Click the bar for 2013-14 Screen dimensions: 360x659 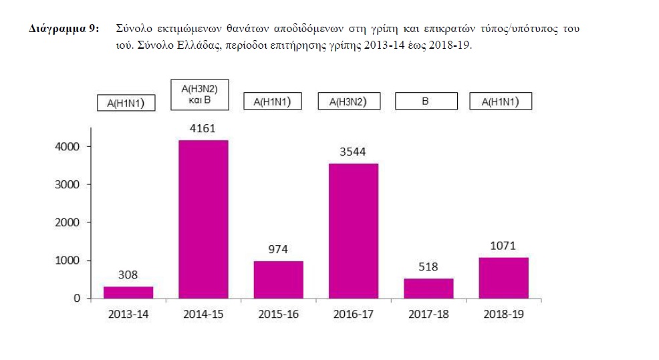click(x=128, y=292)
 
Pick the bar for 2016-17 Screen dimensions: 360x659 click(x=354, y=230)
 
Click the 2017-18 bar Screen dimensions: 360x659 click(x=428, y=288)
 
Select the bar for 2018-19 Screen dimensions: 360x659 click(x=503, y=278)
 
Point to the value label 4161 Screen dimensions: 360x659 click(x=203, y=127)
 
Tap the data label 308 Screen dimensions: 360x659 click(x=128, y=274)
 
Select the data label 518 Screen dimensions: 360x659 click(x=428, y=266)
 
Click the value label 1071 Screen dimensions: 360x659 click(x=503, y=245)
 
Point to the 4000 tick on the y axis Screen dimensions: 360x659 click(x=69, y=147)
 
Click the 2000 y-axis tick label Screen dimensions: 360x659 click(x=69, y=222)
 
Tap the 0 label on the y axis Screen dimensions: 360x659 click(x=78, y=299)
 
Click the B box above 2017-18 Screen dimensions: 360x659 click(x=426, y=102)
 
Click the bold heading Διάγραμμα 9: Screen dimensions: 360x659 click(x=64, y=30)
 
